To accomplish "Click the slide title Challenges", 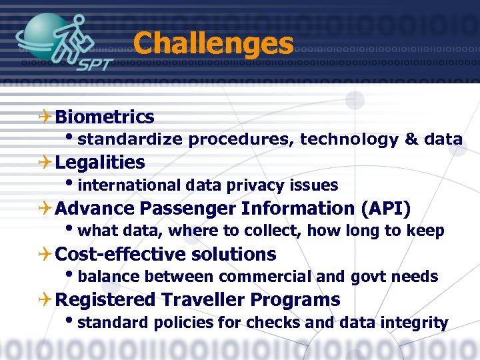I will click(x=213, y=44).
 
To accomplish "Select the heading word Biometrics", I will click(x=105, y=117).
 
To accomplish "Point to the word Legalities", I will click(x=100, y=163).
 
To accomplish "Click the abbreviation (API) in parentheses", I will click(x=385, y=209).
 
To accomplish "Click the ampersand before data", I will click(x=411, y=139).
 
